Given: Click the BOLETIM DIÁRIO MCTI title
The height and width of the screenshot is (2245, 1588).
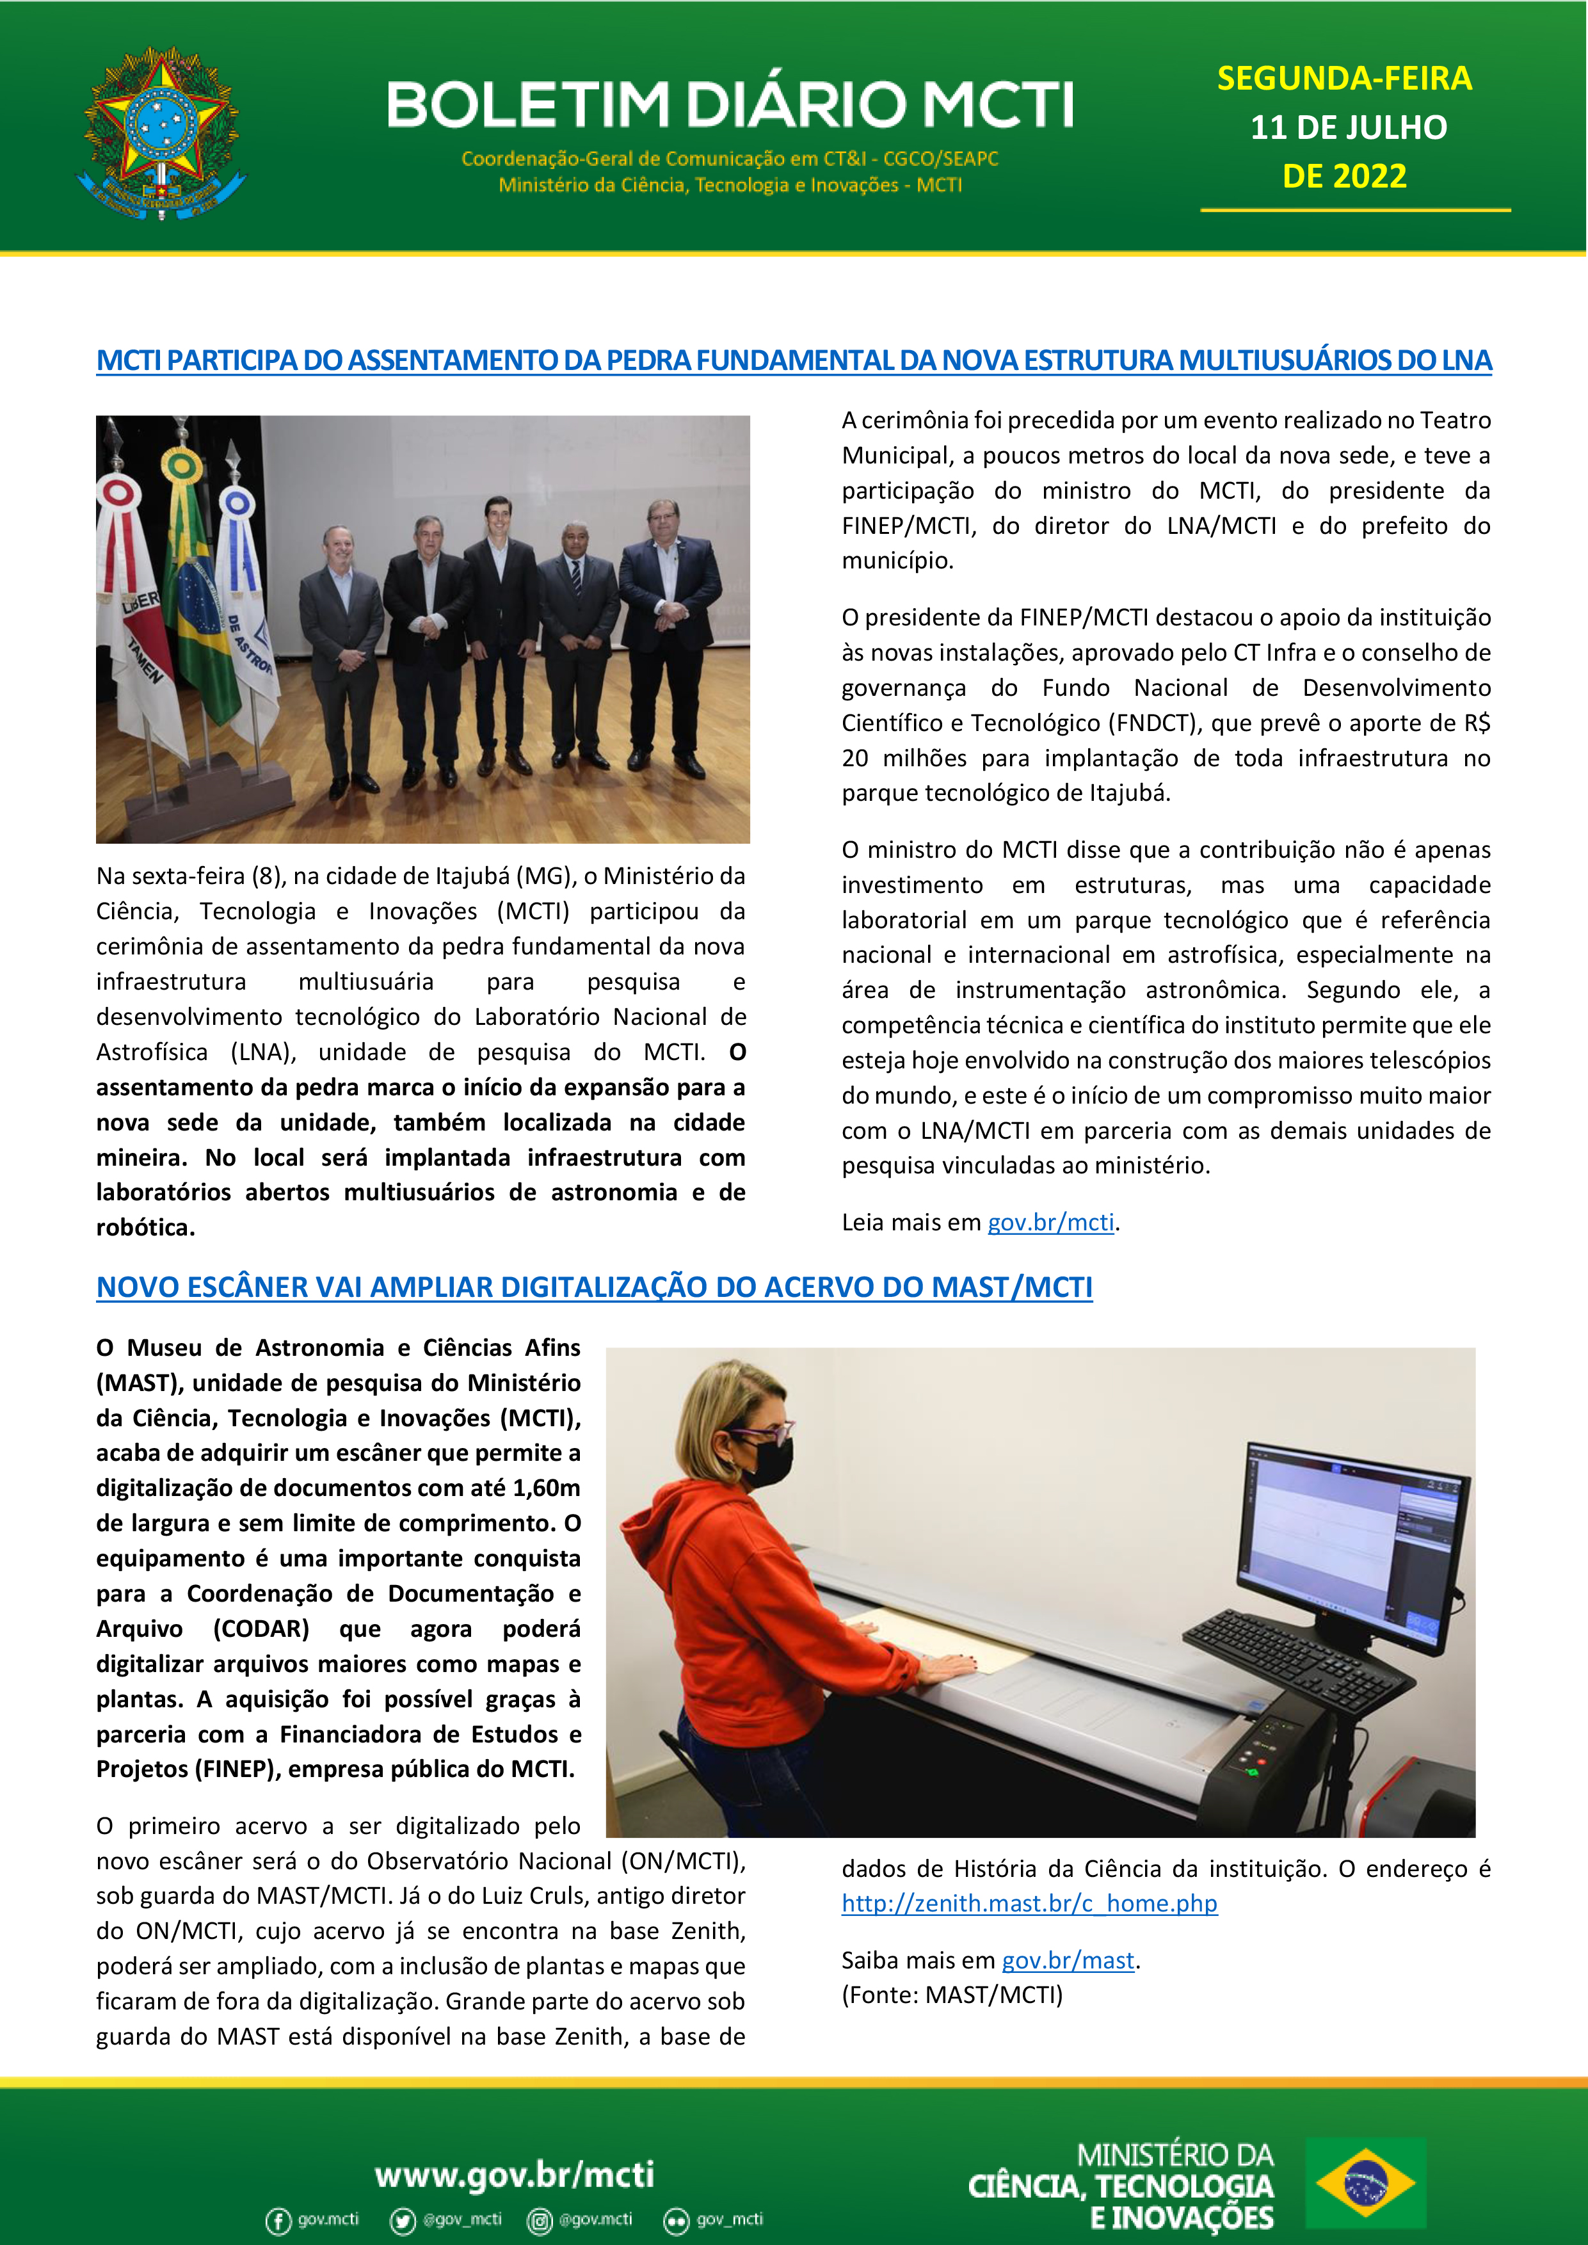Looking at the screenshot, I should tap(730, 104).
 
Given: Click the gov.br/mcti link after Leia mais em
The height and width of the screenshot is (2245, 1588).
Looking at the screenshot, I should tap(1050, 1222).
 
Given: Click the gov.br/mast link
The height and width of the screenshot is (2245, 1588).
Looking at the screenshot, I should tap(1068, 1961).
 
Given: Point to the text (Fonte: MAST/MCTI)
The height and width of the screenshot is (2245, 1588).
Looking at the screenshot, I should tap(951, 1995).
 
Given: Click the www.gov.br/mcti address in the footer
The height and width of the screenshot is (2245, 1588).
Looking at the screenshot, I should tap(515, 2173).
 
